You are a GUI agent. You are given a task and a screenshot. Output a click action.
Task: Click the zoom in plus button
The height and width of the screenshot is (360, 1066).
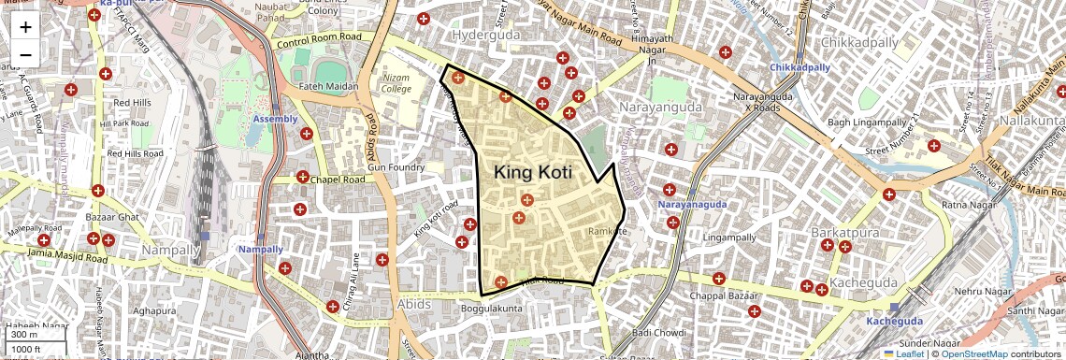tap(25, 26)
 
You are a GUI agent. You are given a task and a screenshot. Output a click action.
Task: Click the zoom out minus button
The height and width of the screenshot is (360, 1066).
tap(25, 54)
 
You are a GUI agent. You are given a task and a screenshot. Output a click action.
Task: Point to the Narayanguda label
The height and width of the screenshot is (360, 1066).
tap(669, 108)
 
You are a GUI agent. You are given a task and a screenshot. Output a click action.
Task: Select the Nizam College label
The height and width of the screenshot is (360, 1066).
tap(396, 83)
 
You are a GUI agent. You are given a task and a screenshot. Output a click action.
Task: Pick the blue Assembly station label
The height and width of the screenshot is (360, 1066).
tap(275, 119)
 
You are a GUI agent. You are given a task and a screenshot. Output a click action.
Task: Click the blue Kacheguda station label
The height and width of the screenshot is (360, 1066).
tap(894, 321)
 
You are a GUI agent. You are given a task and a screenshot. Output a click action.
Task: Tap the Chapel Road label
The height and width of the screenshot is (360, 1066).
tap(338, 180)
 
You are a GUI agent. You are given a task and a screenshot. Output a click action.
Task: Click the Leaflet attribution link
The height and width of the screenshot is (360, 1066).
tap(907, 353)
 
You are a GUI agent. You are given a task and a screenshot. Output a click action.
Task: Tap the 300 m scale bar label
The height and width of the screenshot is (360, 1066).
tap(23, 335)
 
